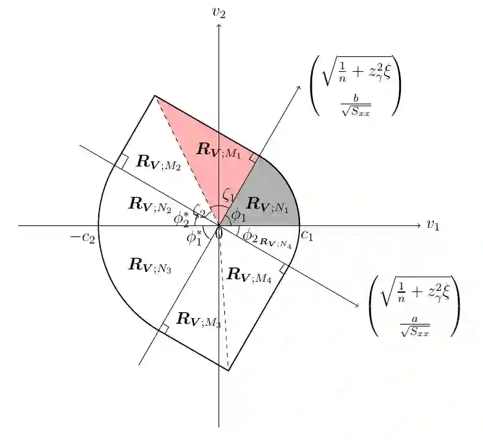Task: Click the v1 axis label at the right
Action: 433,225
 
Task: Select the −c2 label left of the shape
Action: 83,237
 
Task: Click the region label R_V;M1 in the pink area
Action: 219,150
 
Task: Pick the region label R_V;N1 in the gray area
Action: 270,205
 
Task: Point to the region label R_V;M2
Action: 158,163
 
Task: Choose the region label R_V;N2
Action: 149,204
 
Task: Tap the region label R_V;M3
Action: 199,319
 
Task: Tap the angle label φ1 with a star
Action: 195,238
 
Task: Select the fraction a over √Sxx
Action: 414,326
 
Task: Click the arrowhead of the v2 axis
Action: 219,26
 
